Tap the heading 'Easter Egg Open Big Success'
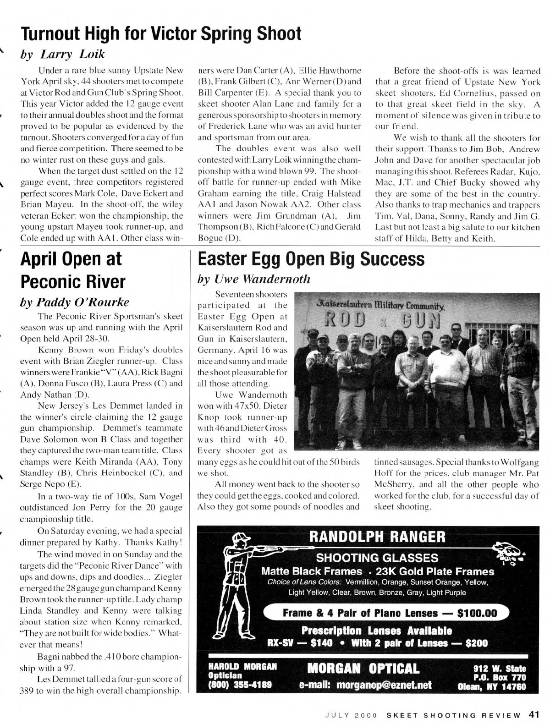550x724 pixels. tap(311, 259)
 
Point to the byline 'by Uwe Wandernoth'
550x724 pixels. tap(253, 279)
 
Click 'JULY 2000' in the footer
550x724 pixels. tap(351, 715)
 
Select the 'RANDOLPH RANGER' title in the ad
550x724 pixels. tap(377, 537)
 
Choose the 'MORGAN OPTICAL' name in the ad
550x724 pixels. tap(363, 669)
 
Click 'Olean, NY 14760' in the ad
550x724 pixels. tap(492, 686)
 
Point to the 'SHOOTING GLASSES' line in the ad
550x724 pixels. tap(377, 558)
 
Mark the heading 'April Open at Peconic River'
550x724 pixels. tap(72, 269)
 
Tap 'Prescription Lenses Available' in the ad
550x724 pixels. tap(377, 631)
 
